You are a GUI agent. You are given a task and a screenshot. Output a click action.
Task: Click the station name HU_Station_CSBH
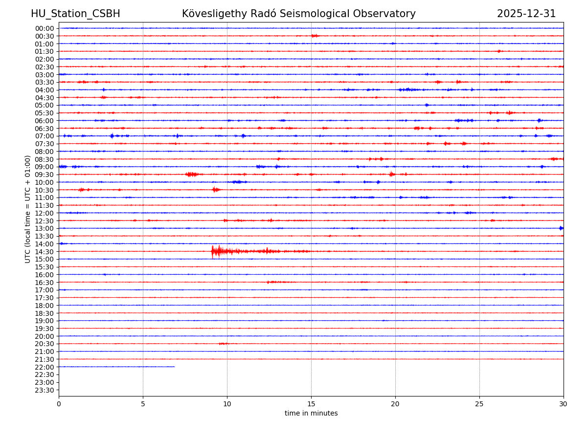coord(75,14)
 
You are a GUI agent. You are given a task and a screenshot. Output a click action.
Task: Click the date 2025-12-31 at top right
coord(526,14)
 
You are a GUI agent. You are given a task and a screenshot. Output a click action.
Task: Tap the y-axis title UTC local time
coord(28,209)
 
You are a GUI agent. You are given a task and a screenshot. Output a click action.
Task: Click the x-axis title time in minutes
coord(311,413)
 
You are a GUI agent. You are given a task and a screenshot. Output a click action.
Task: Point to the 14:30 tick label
coord(45,252)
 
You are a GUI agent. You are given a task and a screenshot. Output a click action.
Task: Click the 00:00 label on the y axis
coord(45,28)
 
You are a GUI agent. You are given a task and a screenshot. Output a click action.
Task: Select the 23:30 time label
coord(45,390)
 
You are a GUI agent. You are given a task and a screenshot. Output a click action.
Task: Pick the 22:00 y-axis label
coord(45,367)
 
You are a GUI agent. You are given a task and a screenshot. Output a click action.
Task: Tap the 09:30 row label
coord(45,175)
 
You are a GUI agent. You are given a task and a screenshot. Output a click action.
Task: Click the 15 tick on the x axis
coord(311,404)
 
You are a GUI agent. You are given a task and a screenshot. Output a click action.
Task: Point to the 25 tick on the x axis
coord(479,404)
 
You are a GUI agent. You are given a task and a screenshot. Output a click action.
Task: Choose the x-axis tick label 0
coord(59,404)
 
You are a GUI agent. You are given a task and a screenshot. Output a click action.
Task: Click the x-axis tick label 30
coord(564,404)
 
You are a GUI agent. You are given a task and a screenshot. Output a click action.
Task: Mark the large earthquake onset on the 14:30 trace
coord(212,251)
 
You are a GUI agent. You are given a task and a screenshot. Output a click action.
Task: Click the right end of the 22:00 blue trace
coord(174,367)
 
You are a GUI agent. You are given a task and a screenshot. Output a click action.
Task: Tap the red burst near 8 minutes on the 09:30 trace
coord(192,174)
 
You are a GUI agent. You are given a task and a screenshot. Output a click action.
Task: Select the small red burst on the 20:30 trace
coord(223,344)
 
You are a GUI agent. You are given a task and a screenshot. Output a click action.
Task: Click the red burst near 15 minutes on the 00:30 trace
coord(315,36)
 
